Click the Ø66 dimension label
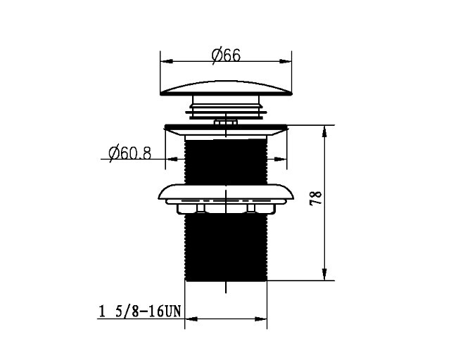click(226, 55)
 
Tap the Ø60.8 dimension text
click(129, 153)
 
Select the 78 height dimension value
click(315, 198)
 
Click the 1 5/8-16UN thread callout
click(140, 311)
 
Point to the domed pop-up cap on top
click(226, 88)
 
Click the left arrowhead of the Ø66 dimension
click(167, 61)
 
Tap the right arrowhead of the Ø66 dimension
click(286, 61)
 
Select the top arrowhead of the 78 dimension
click(324, 131)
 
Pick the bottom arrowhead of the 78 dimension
click(324, 274)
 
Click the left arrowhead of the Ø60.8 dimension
click(172, 159)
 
